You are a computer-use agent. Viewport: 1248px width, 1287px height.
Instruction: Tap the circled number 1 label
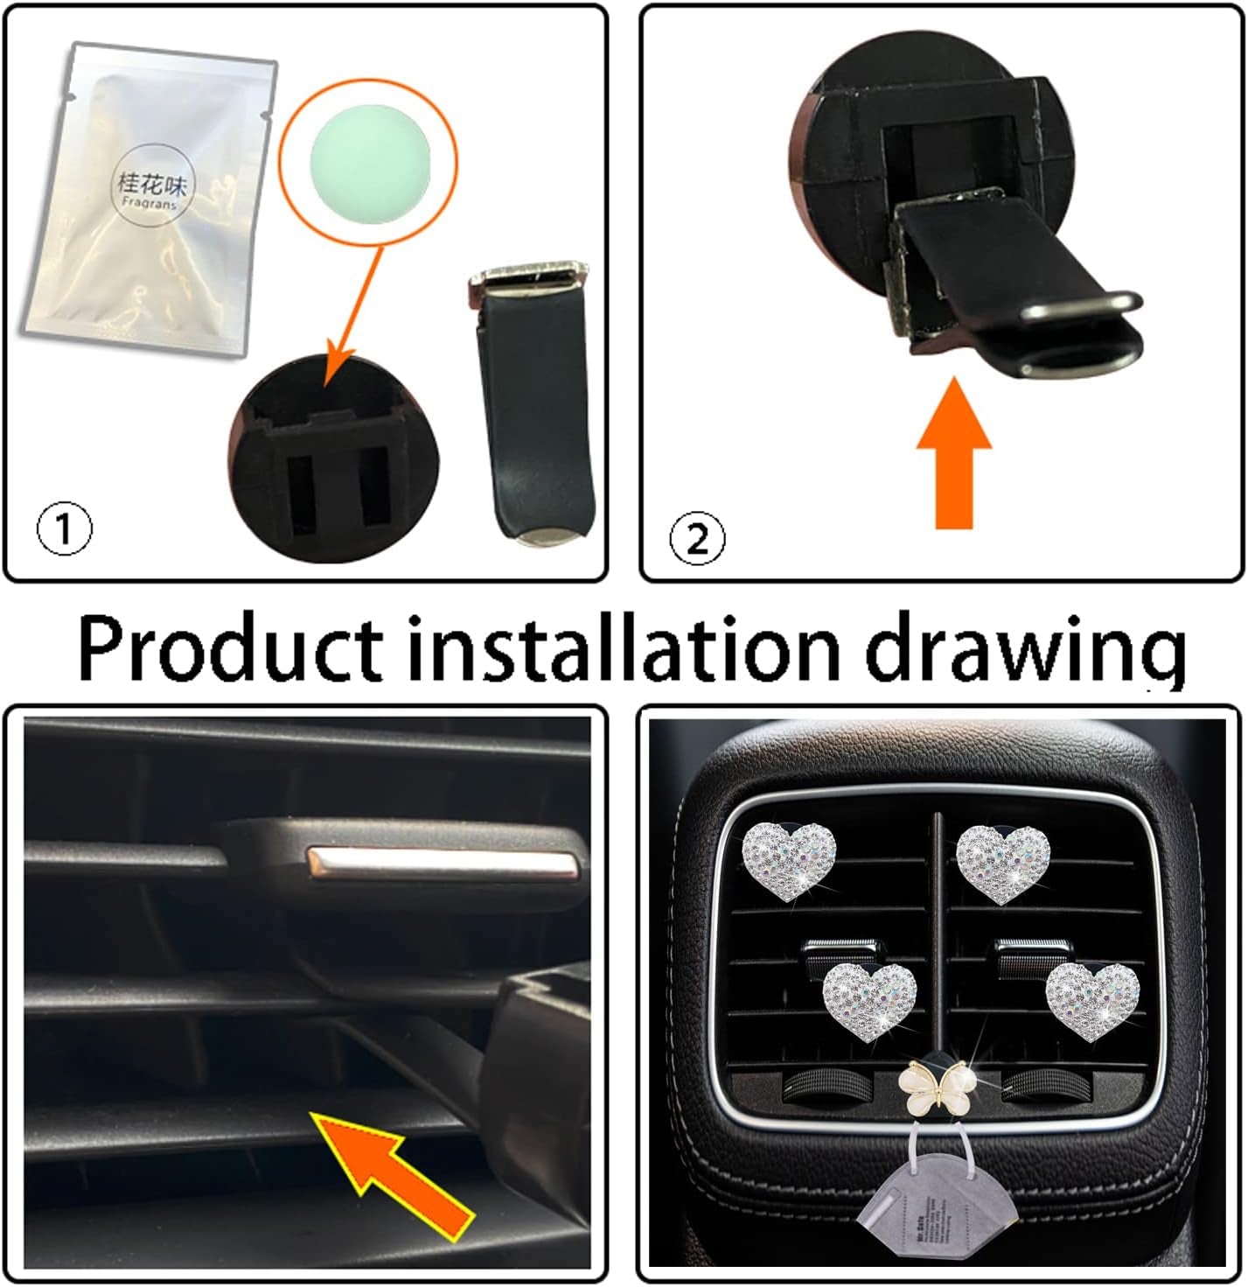[x=64, y=531]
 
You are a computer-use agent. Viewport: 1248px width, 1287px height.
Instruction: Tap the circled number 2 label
[x=696, y=539]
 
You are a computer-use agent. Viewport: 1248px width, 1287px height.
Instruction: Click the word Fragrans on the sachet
[x=150, y=203]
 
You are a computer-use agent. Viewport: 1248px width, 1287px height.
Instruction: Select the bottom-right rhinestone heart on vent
[x=1092, y=1001]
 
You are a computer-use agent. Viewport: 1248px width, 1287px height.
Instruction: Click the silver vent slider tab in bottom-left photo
[x=444, y=864]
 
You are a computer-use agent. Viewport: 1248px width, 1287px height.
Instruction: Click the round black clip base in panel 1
[x=336, y=459]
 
